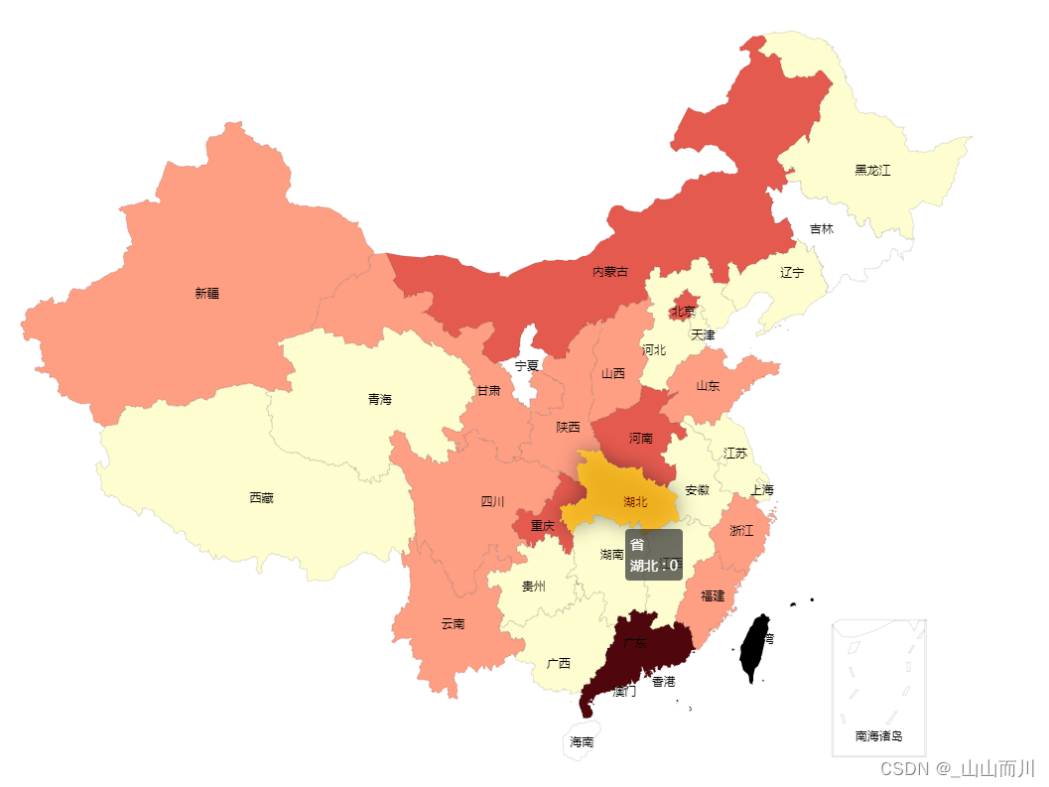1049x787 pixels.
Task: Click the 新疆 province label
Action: point(207,293)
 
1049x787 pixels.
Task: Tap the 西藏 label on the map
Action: point(262,497)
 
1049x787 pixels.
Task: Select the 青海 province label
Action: point(380,399)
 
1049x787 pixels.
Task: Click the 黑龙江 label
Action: point(872,170)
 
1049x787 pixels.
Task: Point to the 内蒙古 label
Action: point(610,271)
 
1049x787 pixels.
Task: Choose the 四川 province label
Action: point(493,501)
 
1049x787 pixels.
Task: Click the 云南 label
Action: point(453,623)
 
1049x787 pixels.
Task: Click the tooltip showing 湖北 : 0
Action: point(653,555)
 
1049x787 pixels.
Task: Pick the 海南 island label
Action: point(582,741)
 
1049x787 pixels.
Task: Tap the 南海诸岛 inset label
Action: point(878,735)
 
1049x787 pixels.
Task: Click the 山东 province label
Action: point(708,385)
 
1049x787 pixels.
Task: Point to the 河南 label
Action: point(641,438)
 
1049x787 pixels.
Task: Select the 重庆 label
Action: point(542,525)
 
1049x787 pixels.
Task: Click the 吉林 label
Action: point(822,228)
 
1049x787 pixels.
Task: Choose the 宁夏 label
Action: point(526,365)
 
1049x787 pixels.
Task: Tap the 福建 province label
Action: point(713,595)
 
